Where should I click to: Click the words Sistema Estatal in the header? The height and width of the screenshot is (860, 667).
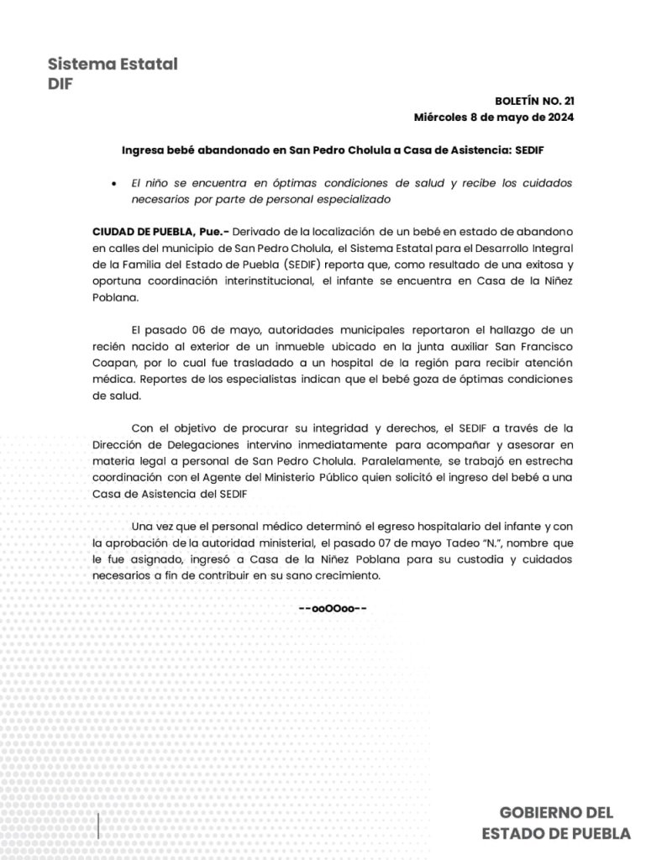point(113,65)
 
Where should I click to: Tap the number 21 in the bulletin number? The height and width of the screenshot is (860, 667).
point(567,100)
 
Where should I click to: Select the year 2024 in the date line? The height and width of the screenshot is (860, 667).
point(557,117)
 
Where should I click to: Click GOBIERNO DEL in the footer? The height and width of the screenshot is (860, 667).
point(557,812)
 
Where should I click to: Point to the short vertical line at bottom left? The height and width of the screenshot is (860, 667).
point(100,826)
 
